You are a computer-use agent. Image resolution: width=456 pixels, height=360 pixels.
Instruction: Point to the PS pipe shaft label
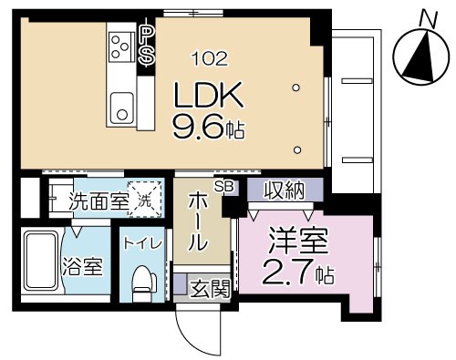tap(146, 44)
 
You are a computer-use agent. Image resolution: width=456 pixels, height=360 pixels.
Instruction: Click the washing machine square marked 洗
tap(144, 200)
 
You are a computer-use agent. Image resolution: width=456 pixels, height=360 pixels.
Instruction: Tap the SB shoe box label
tap(223, 186)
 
